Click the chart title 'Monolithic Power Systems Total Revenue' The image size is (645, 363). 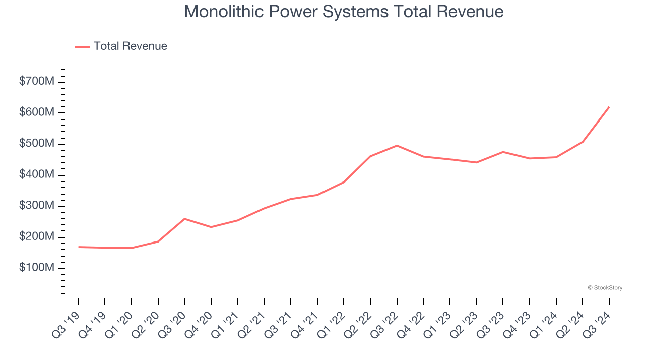[344, 12]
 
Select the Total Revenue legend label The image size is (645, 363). [130, 46]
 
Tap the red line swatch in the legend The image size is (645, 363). [82, 47]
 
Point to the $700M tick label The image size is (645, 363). [36, 81]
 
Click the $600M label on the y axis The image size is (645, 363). [36, 112]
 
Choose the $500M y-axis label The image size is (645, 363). [36, 144]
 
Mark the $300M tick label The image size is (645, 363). [36, 206]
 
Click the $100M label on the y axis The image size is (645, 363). [36, 268]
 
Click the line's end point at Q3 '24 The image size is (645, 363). [609, 107]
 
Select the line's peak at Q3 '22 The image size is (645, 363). [397, 146]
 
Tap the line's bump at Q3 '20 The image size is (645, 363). [184, 219]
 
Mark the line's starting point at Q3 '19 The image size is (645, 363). [79, 247]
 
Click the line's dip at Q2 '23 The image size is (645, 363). [476, 162]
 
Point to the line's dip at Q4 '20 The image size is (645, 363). [211, 227]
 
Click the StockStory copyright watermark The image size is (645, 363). [605, 288]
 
